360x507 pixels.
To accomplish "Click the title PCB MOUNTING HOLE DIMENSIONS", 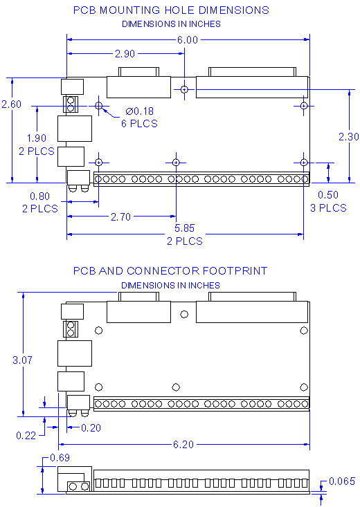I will [x=171, y=10].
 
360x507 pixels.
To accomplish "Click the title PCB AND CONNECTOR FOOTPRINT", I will [x=170, y=271].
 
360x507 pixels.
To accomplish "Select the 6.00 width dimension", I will [x=187, y=40].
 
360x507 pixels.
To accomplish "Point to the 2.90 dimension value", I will [x=125, y=54].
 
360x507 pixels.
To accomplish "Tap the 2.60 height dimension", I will [x=12, y=104].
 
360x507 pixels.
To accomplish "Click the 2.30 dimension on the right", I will [x=348, y=137].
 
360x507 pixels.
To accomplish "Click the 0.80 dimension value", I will [x=39, y=196].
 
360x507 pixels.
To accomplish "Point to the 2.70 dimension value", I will [x=120, y=216].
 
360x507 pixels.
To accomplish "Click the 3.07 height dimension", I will [x=24, y=360].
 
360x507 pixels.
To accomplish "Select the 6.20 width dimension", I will [x=183, y=444].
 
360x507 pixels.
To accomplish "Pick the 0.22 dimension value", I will [x=26, y=435].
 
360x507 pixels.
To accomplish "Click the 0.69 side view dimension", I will [x=60, y=458].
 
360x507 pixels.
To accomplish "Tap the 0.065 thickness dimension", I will [x=342, y=481].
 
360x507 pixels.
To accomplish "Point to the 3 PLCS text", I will [x=327, y=208].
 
